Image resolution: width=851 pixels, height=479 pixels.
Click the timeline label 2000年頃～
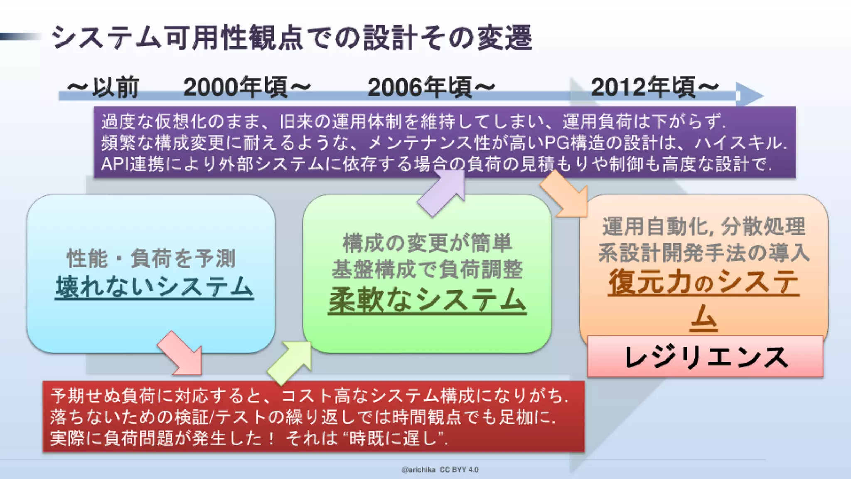click(247, 87)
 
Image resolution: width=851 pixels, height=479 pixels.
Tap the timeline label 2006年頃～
click(431, 87)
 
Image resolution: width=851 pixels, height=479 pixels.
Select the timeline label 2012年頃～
click(654, 87)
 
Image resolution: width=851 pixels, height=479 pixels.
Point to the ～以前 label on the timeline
click(103, 87)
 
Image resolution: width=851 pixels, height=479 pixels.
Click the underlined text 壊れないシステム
click(154, 287)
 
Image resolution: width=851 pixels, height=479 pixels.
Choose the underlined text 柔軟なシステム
click(427, 300)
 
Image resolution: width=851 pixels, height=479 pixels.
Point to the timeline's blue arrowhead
click(750, 95)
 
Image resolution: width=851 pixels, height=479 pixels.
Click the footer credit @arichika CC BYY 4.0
click(440, 470)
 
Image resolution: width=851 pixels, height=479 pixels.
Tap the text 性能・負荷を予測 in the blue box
click(151, 258)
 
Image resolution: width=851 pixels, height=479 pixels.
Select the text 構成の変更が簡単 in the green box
click(427, 243)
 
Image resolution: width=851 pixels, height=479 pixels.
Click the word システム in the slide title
click(106, 38)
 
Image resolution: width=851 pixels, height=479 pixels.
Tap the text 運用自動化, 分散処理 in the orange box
click(704, 227)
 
